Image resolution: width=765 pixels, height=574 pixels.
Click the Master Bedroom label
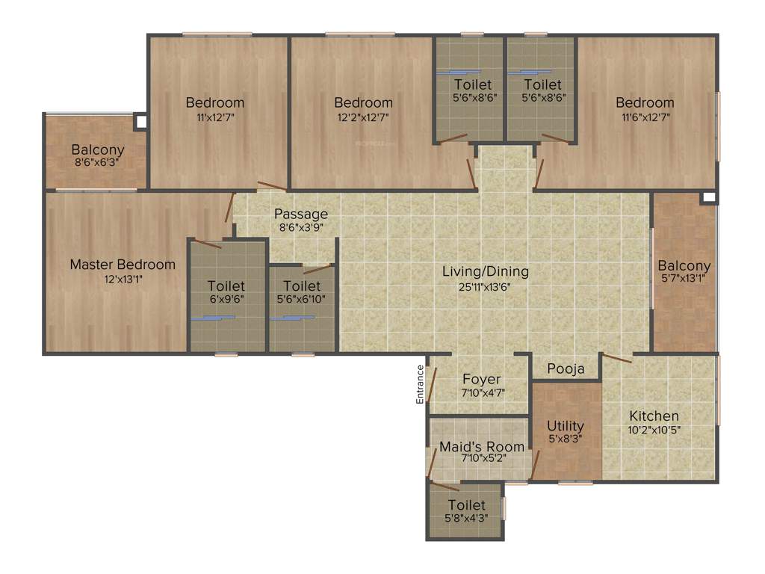(123, 265)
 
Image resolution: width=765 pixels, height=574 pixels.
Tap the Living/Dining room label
(485, 271)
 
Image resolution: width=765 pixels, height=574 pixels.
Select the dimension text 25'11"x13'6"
(485, 286)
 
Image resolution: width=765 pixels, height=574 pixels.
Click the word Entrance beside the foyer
(421, 385)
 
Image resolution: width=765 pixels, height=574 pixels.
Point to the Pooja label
(566, 369)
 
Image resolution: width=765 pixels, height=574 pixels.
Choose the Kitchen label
(654, 416)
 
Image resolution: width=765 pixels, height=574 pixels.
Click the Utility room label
(565, 426)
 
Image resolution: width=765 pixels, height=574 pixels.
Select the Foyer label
(481, 380)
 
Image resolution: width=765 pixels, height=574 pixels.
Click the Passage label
(300, 215)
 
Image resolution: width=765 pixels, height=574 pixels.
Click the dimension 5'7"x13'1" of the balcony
(684, 278)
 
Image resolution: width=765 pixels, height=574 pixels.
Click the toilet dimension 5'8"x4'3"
(466, 518)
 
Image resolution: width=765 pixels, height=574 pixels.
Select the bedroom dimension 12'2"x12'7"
(363, 117)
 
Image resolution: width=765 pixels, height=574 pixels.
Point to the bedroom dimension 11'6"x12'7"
(645, 117)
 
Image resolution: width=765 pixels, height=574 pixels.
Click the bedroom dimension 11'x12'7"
(215, 117)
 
